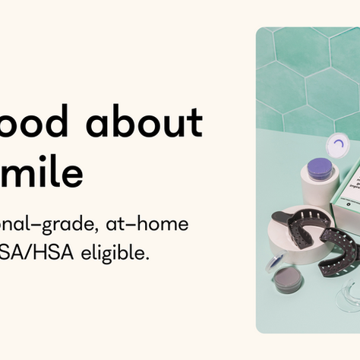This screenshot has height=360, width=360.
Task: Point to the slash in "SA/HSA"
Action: tap(30, 251)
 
